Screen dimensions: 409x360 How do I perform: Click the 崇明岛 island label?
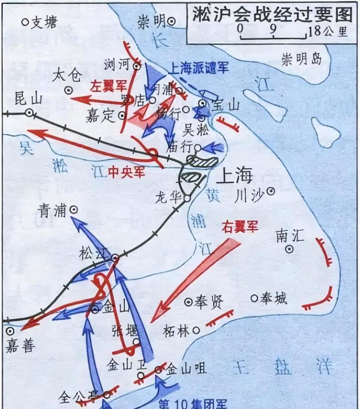[x=301, y=59]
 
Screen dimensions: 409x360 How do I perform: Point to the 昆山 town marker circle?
[x=30, y=113]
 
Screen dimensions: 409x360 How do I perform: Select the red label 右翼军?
[x=240, y=227]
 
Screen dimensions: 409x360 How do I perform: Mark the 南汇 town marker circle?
[x=289, y=249]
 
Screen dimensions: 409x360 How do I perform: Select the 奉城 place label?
[x=274, y=298]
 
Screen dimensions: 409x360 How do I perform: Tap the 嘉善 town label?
[x=20, y=345]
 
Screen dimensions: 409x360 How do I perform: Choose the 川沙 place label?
[x=250, y=195]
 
